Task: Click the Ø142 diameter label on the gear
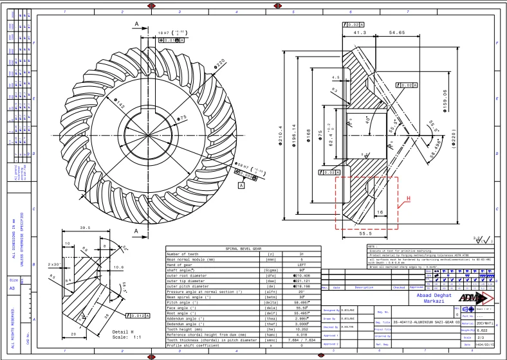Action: coord(120,104)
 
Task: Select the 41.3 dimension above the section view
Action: coord(360,32)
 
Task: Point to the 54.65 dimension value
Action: coord(397,32)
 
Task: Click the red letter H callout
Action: coord(407,199)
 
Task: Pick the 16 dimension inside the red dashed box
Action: coord(380,211)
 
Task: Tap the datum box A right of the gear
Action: coord(241,185)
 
